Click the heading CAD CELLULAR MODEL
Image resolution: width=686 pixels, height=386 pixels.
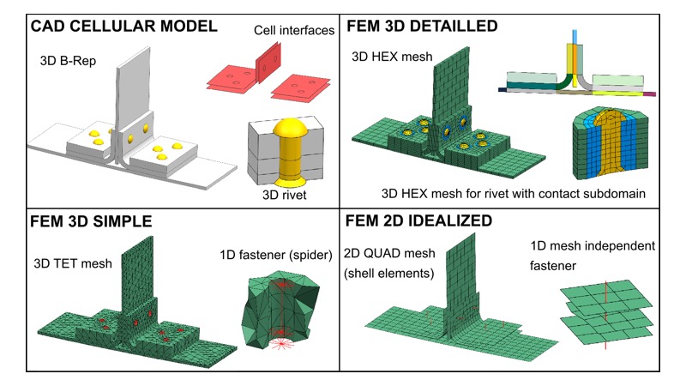123,26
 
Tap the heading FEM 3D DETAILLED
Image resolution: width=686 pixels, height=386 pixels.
422,26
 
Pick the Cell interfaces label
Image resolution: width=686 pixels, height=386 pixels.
294,31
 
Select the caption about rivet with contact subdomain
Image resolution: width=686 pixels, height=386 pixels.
502,190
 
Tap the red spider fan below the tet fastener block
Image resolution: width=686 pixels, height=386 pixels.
279,342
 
